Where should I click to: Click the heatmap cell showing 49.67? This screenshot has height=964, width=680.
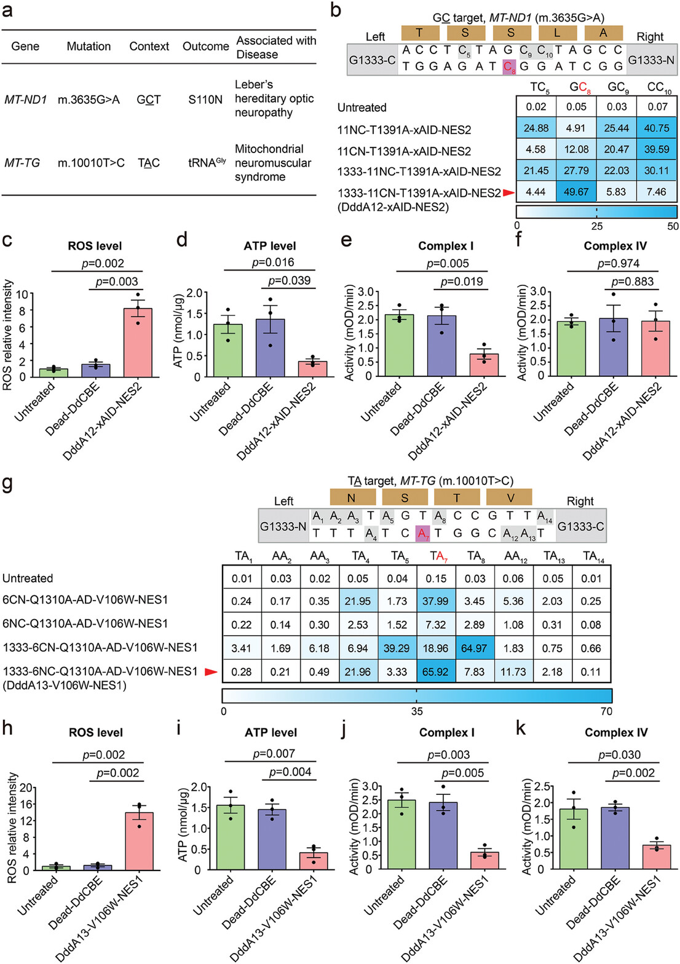tap(576, 192)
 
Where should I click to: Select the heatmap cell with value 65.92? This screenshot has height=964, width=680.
tap(435, 671)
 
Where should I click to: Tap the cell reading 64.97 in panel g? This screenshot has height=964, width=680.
tap(474, 648)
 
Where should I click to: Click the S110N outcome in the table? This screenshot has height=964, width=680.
tap(205, 99)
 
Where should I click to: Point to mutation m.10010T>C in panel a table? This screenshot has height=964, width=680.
tap(91, 163)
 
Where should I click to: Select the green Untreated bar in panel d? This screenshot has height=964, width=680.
tap(227, 350)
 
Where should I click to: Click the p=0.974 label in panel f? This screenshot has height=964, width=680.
tap(619, 263)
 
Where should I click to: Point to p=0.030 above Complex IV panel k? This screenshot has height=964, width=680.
tap(619, 754)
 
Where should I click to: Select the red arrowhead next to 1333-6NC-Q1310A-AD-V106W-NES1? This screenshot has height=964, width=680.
tap(211, 672)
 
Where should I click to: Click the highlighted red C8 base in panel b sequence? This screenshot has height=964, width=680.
tap(508, 66)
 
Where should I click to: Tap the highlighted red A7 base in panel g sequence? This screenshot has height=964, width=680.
tap(422, 534)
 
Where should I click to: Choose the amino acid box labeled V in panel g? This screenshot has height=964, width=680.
tap(508, 497)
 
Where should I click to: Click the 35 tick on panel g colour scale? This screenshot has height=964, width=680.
tap(417, 711)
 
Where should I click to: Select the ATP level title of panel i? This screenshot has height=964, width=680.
tap(271, 733)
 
